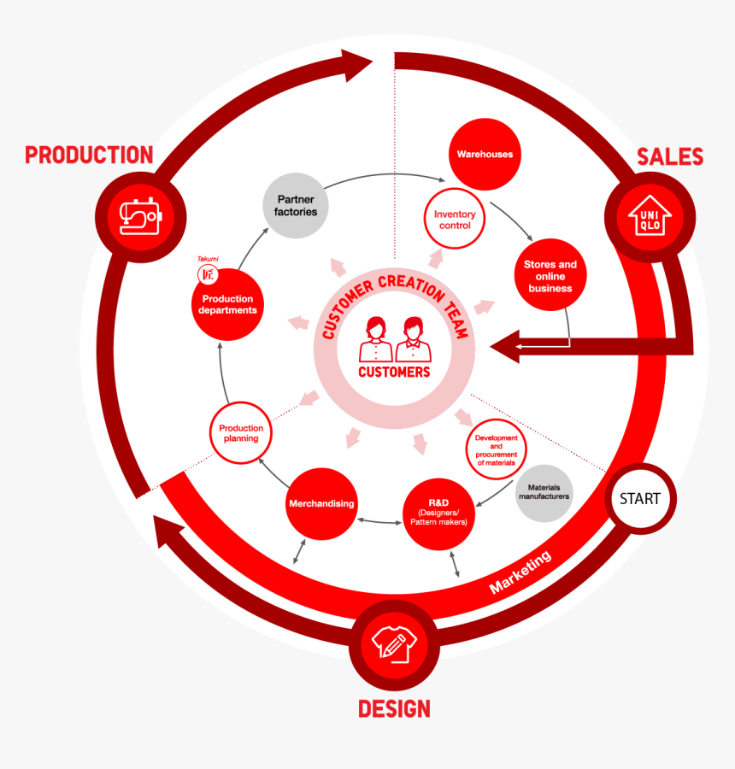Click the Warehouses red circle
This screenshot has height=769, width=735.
coord(485,155)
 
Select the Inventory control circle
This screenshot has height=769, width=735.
coord(455,220)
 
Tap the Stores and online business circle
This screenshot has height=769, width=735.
coord(550,275)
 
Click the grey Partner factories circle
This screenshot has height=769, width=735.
coord(297,205)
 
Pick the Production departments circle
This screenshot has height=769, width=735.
coord(227,304)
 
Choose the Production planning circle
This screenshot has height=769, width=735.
coord(241,433)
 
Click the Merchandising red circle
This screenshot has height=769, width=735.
coord(321,503)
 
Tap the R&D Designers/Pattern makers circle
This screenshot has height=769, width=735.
coord(438,511)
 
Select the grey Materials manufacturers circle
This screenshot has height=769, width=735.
coord(544,492)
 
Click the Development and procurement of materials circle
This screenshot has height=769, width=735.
coord(497,449)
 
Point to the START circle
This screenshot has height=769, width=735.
coord(640,498)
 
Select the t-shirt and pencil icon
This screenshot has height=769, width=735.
coord(393,646)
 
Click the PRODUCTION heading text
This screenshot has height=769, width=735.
coord(89,155)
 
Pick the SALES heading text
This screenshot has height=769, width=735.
coord(670,156)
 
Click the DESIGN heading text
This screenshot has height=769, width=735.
coord(394,708)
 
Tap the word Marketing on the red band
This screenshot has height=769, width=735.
coord(520,572)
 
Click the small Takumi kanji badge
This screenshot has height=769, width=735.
coord(206,274)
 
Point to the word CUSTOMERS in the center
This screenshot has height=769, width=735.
coord(394,372)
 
